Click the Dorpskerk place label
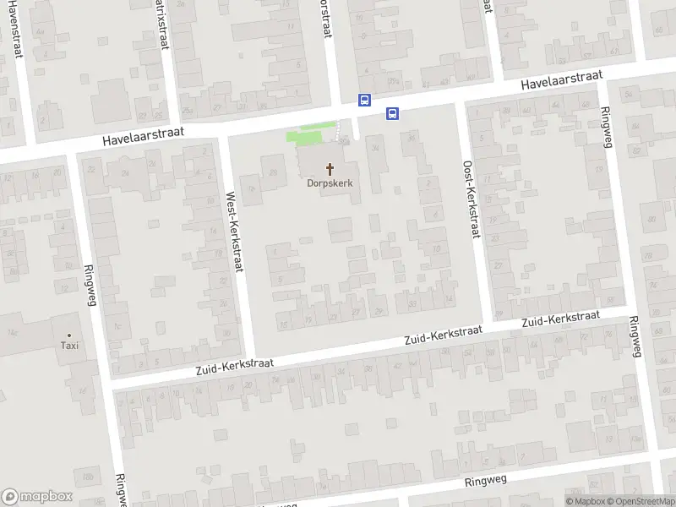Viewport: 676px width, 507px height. coord(330,183)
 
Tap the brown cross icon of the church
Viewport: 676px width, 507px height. coord(330,168)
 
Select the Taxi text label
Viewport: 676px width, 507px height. coord(69,345)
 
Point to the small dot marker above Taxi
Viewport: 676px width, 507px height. coord(69,335)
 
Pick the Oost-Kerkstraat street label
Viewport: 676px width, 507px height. coord(471,199)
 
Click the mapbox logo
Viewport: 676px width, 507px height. coord(37,497)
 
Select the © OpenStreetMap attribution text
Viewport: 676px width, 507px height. coord(641,501)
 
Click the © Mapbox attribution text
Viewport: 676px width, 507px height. coord(586,501)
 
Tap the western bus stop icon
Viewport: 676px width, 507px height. coord(364,100)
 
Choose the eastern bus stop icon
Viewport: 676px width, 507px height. coord(392,113)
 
